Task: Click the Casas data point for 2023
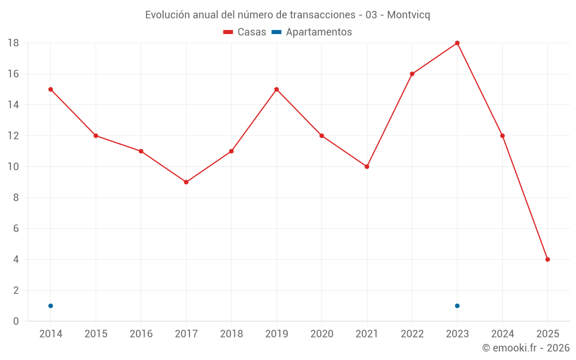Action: [x=457, y=43]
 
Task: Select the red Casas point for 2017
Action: [x=186, y=182]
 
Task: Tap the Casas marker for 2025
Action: [x=548, y=259]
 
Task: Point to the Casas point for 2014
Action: [x=51, y=89]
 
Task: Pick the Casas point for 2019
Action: [x=276, y=89]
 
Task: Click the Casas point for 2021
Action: [x=367, y=166]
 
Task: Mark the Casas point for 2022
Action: [x=412, y=74]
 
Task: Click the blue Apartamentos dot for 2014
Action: [x=51, y=306]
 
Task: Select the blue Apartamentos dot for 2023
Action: [x=457, y=306]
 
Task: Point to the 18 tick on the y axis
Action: [x=13, y=43]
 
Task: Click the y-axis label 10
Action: [x=13, y=167]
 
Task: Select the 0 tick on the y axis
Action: [x=16, y=321]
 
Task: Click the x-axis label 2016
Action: [x=141, y=334]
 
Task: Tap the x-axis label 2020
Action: [x=321, y=334]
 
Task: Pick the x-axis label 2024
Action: [x=502, y=334]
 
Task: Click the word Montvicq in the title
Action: [x=408, y=14]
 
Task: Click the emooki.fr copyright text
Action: [x=526, y=348]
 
